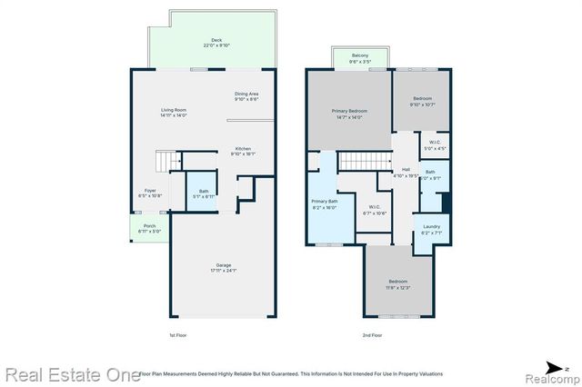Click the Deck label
pos(216,41)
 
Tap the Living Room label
pos(173,111)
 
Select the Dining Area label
pos(246,94)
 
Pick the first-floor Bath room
pos(203,193)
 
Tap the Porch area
pos(148,228)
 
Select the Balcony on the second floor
pos(360,58)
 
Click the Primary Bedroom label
pos(349,113)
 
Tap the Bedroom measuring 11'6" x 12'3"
pos(398,284)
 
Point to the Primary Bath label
pos(325,203)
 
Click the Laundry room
pos(431,229)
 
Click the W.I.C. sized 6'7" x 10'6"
pos(375,210)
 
